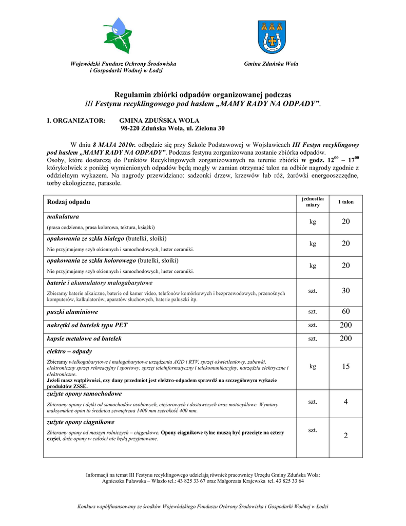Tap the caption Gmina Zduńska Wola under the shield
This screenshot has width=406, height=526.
click(271, 64)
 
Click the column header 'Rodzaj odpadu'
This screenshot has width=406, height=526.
click(68, 202)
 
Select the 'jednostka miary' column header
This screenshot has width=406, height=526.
click(313, 202)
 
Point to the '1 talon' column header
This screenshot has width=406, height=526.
click(345, 202)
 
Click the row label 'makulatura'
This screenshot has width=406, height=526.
click(63, 217)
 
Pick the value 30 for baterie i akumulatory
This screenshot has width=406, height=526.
click(345, 291)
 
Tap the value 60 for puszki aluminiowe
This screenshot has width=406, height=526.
click(345, 312)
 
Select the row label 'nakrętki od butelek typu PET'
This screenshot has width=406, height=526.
click(87, 325)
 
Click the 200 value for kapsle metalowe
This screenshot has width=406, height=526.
click(345, 339)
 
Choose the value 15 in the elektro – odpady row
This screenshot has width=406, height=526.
click(345, 367)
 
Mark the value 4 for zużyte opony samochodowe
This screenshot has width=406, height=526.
click(345, 402)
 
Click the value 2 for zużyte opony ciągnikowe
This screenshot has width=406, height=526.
click(345, 436)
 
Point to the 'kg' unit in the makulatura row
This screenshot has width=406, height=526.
click(313, 222)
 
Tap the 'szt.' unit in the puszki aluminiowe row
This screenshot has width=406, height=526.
click(313, 312)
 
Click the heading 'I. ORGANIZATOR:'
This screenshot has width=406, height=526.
click(76, 120)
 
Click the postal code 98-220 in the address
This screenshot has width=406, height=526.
click(132, 128)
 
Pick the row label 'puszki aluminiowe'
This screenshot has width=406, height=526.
click(72, 312)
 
